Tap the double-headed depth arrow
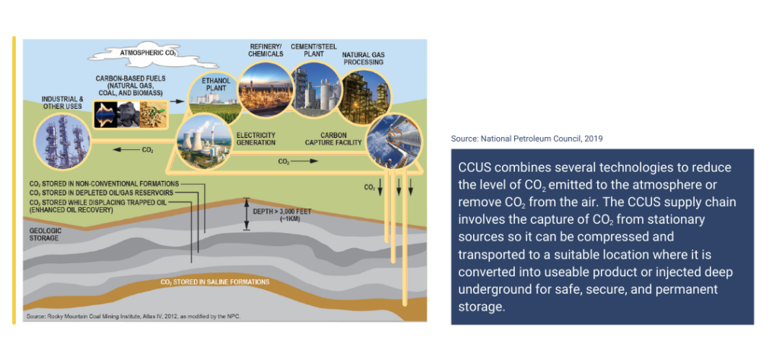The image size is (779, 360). [x=246, y=214]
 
